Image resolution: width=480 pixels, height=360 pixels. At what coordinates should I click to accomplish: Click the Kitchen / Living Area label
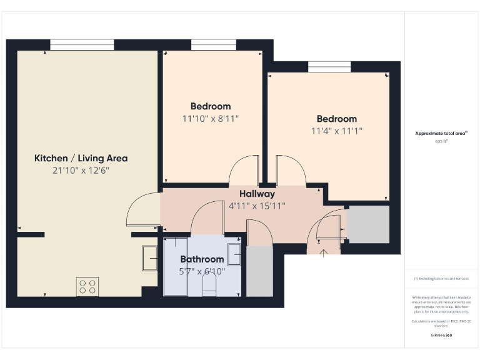(81, 158)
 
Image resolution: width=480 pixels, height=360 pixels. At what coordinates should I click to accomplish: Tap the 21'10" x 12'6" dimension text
(81, 171)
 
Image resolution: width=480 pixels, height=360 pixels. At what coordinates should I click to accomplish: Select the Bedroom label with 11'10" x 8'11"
(211, 106)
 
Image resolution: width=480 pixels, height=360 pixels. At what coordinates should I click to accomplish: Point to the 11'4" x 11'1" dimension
(337, 131)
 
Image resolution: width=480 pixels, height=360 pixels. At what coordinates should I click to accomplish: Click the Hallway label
(257, 194)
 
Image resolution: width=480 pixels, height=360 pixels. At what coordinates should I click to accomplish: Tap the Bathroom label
(202, 259)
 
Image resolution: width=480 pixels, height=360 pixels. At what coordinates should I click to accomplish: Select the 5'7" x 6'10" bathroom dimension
(202, 271)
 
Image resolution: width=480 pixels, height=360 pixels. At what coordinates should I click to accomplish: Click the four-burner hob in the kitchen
(87, 286)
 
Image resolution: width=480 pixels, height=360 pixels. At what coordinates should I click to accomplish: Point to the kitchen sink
(150, 258)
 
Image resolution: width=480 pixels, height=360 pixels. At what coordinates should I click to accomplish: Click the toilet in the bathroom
(209, 287)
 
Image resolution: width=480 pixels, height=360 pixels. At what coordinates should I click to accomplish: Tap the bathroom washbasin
(234, 255)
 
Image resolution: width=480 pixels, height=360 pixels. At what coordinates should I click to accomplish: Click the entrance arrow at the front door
(324, 252)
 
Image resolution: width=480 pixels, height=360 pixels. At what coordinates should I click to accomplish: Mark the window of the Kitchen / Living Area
(82, 44)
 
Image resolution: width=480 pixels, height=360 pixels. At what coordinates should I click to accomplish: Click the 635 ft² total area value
(441, 142)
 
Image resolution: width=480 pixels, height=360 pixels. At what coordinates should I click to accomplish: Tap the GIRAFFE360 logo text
(441, 336)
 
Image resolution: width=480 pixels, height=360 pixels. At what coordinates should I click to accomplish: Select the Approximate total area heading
(441, 133)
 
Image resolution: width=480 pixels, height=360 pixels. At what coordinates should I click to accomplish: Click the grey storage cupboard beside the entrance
(368, 224)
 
